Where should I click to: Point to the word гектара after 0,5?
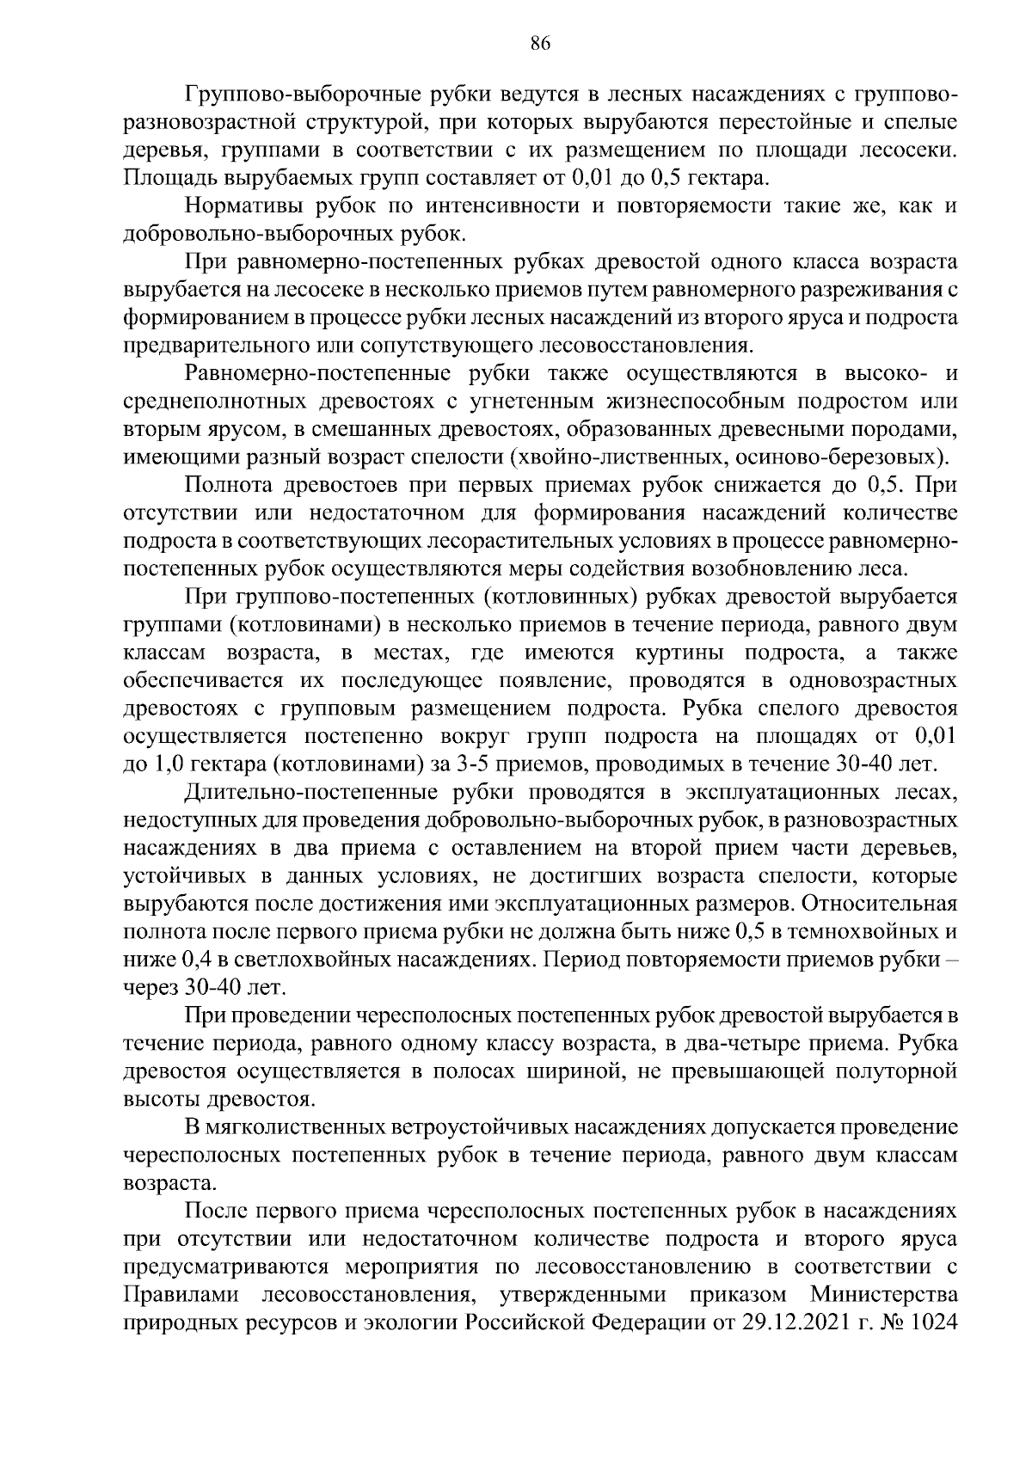pyautogui.click(x=724, y=179)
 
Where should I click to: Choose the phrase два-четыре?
pyautogui.click(x=760, y=1044)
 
